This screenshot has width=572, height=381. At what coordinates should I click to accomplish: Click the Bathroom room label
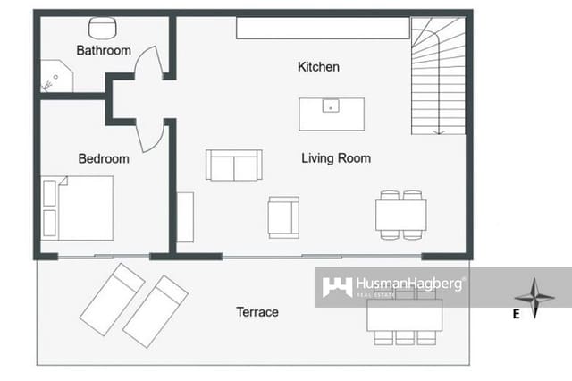point(104,51)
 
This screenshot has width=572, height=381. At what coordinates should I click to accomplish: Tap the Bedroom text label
point(104,159)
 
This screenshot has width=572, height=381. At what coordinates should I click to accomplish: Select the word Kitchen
point(318,67)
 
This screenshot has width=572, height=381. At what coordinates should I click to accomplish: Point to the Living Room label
point(336,158)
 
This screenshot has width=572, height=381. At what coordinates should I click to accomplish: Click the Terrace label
point(257,312)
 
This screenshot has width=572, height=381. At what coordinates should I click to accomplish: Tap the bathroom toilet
point(108,28)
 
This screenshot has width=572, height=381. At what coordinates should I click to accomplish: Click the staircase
point(438,76)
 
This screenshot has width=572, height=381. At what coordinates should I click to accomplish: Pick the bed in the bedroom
point(78,207)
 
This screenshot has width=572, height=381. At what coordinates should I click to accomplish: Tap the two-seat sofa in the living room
point(233,165)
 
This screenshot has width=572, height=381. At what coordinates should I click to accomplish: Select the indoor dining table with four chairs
point(400,215)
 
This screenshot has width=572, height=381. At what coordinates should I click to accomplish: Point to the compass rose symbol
point(534,298)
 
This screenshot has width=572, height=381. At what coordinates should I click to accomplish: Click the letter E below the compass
point(516,314)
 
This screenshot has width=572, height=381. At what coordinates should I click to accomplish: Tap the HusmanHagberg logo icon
point(336,287)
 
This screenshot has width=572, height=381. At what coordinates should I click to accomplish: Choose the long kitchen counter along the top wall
point(323,28)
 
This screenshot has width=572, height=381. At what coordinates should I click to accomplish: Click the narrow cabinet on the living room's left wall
point(185,216)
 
